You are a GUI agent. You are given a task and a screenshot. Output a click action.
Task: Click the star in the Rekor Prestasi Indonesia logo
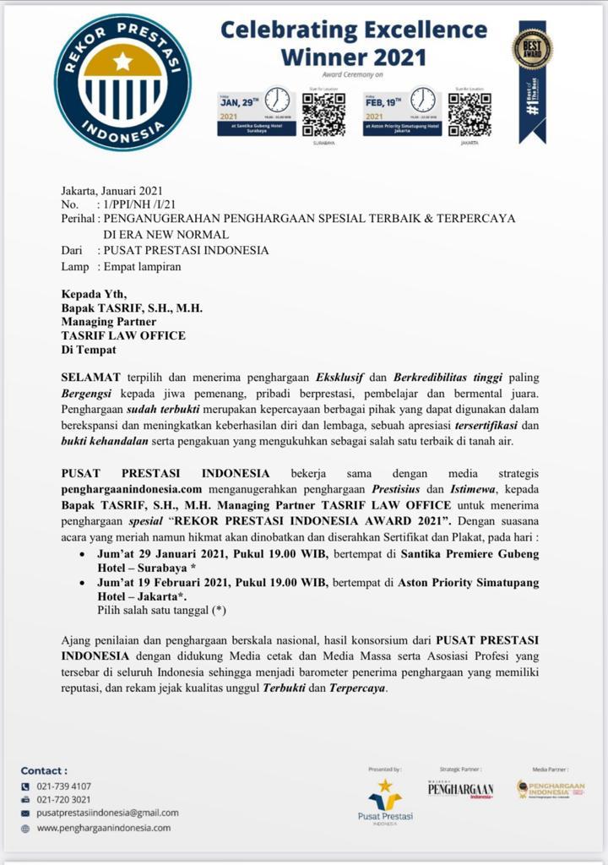122,61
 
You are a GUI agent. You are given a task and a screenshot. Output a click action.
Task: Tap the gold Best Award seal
532,47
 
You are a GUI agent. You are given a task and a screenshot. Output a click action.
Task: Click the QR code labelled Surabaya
323,115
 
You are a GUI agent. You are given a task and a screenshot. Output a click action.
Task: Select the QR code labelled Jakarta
470,115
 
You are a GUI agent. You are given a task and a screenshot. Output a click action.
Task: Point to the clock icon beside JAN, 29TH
276,101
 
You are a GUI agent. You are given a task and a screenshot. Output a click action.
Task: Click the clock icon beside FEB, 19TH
422,101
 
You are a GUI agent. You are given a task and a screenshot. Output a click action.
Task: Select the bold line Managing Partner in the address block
108,322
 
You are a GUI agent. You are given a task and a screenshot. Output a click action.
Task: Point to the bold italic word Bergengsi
90,393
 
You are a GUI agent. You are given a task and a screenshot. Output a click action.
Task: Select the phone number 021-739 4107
64,786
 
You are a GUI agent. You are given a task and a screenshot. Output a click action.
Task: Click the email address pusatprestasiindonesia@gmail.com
108,813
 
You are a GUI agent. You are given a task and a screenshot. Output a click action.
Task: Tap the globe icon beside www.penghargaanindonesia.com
24,829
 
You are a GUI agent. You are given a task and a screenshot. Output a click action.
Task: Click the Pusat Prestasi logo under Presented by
385,798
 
